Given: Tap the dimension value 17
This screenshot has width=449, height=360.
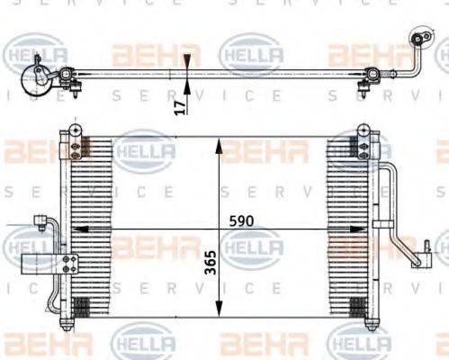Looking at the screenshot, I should click(x=180, y=105).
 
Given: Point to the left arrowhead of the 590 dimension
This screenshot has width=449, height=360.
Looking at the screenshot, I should click(x=76, y=229).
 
